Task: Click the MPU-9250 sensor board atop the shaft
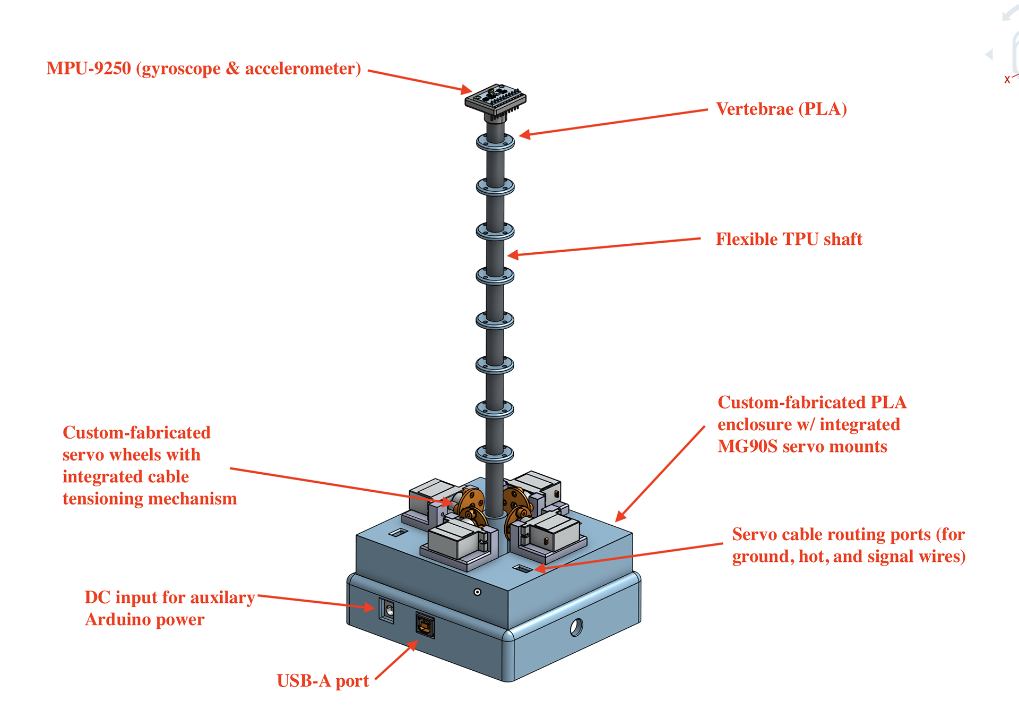tap(495, 98)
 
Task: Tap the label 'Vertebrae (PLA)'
tap(781, 109)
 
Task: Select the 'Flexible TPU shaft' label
tap(789, 239)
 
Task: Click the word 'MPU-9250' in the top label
tap(89, 69)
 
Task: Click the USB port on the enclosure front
tap(425, 626)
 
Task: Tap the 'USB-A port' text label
tap(323, 681)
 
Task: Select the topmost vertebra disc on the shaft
tap(495, 142)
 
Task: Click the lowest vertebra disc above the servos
tap(495, 454)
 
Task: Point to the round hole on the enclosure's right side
tap(576, 628)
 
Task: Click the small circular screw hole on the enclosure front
tap(477, 592)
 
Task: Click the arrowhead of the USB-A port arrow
tap(412, 645)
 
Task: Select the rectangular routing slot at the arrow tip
tap(522, 569)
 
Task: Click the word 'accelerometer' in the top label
tap(300, 69)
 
